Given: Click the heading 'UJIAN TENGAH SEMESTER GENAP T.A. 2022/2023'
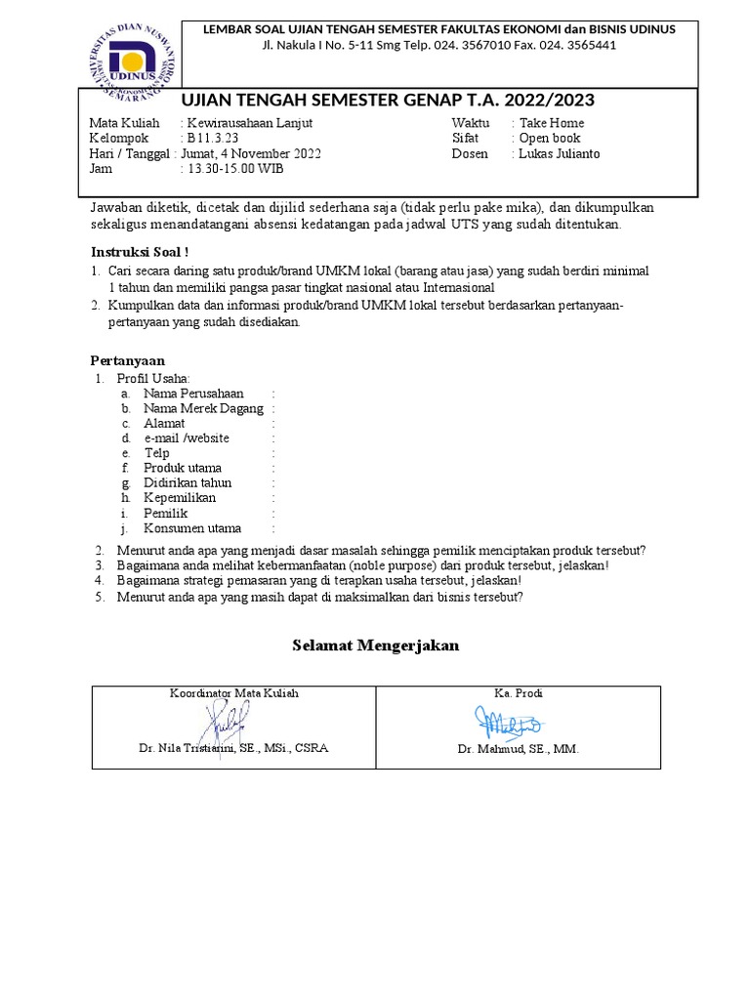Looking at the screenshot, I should click(x=388, y=102).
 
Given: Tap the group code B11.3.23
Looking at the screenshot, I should click(x=212, y=139).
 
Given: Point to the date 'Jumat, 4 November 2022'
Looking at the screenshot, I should click(x=251, y=154).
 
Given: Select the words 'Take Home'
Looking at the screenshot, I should click(x=552, y=123).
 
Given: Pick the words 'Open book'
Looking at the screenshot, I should click(x=550, y=139).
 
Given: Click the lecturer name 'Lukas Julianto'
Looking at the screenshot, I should click(x=559, y=154).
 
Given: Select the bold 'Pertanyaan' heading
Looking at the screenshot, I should click(x=128, y=360).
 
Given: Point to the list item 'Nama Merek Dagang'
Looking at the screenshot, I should click(x=203, y=408).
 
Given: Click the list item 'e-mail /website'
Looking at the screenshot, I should click(x=187, y=438).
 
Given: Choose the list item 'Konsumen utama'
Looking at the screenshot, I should click(x=191, y=528).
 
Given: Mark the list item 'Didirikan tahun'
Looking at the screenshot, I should click(x=187, y=483).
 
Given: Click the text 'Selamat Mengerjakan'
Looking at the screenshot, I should click(x=376, y=646).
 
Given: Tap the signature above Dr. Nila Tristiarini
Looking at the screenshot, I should click(x=227, y=724).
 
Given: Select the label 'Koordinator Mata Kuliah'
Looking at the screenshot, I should click(x=234, y=693).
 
